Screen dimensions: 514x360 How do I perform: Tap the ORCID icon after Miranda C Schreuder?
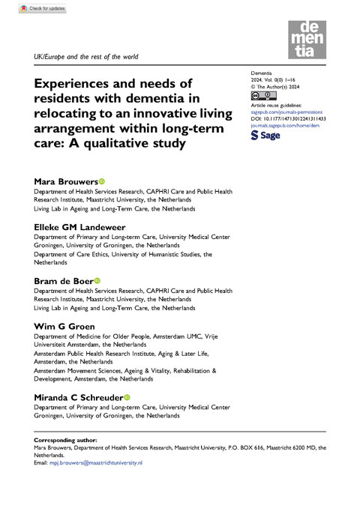tap(126, 397)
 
